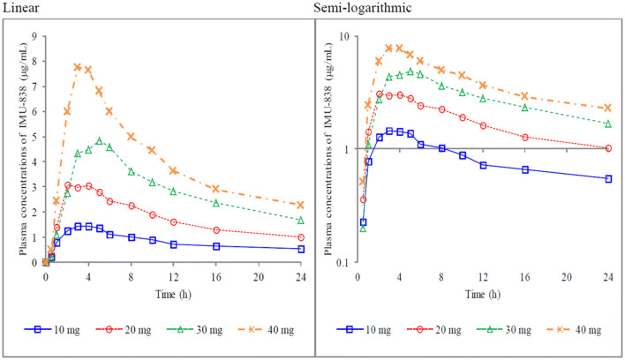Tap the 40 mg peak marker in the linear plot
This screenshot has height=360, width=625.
click(78, 67)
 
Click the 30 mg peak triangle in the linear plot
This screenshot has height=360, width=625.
click(99, 141)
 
